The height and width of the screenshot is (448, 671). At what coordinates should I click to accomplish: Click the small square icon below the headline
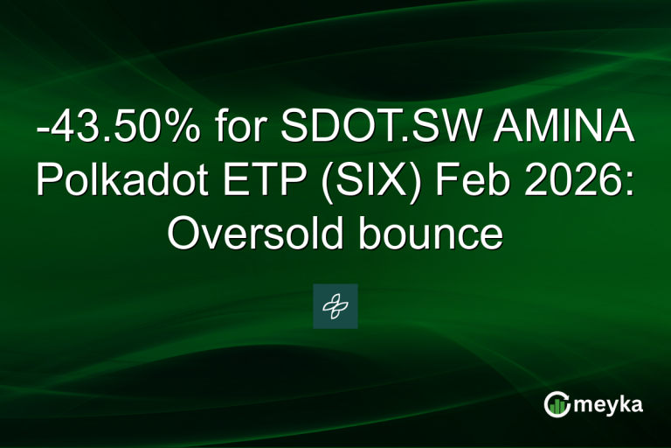(x=335, y=306)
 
